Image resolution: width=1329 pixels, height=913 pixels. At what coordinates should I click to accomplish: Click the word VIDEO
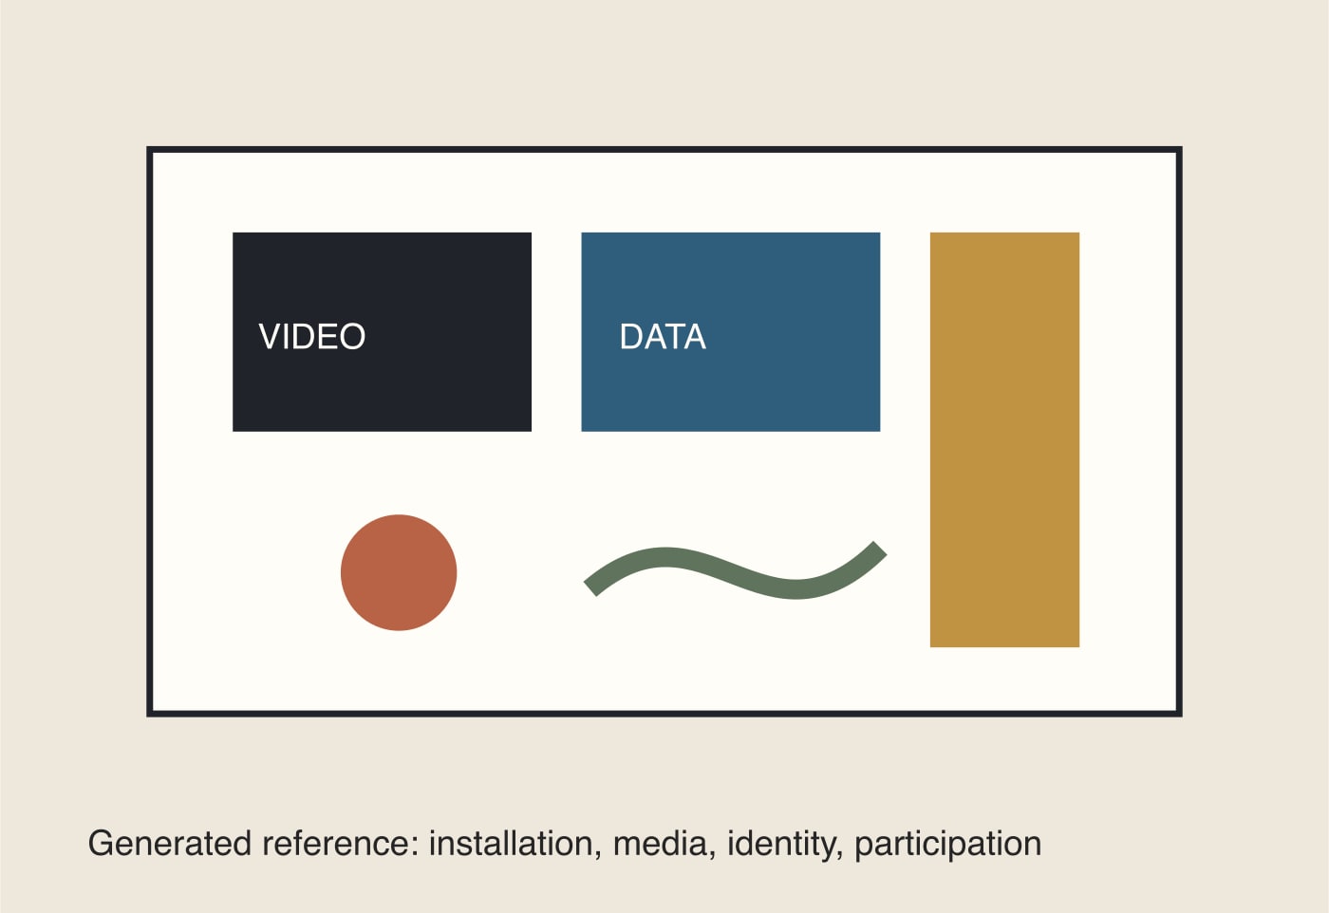pyautogui.click(x=312, y=336)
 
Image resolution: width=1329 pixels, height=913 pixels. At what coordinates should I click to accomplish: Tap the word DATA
pyautogui.click(x=663, y=336)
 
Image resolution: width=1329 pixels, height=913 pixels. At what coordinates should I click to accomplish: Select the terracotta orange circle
pyautogui.click(x=399, y=572)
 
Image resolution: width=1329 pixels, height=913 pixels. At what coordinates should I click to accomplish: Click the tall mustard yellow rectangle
pyautogui.click(x=1004, y=439)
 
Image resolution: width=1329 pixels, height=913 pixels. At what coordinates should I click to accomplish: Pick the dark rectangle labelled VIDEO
pyautogui.click(x=382, y=331)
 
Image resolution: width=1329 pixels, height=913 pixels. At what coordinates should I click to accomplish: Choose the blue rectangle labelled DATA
pyautogui.click(x=730, y=331)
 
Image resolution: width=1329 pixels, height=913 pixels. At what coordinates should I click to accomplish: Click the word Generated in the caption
pyautogui.click(x=170, y=843)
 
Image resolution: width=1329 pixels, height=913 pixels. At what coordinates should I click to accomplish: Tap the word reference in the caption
pyautogui.click(x=336, y=843)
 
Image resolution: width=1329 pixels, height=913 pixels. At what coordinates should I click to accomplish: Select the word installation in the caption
pyautogui.click(x=511, y=843)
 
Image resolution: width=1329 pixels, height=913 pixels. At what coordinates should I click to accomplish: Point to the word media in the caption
pyautogui.click(x=661, y=843)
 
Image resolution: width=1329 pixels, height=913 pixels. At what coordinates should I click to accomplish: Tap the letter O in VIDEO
pyautogui.click(x=352, y=336)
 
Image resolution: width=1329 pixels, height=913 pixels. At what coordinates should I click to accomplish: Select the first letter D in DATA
pyautogui.click(x=631, y=336)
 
